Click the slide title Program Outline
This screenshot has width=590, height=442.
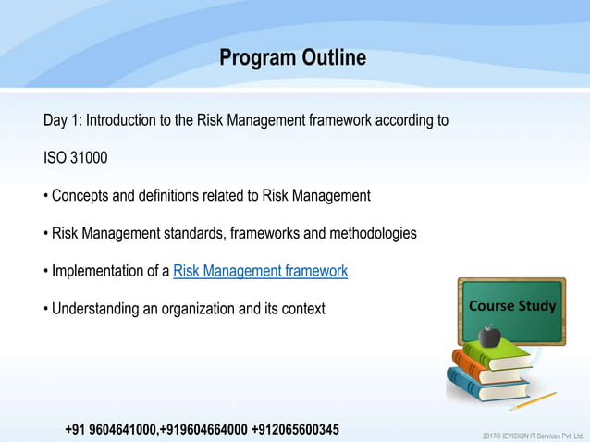point(292,58)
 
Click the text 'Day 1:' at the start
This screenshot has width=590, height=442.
point(62,121)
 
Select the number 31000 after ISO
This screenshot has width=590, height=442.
point(89,158)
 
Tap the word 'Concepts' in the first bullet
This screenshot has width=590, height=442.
point(80,196)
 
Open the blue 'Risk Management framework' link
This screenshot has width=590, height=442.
point(260,271)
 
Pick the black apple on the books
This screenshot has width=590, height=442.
point(490,334)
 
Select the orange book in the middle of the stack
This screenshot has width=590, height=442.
point(485,366)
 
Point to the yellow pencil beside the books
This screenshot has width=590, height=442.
point(533,401)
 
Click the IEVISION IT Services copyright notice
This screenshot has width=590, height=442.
point(533,435)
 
